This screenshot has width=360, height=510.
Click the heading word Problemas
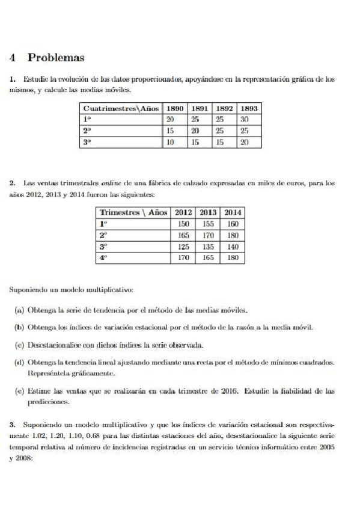56,58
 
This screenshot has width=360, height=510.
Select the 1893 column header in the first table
248,108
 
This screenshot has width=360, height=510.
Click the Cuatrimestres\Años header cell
121,108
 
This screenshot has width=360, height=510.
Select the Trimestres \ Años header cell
133,212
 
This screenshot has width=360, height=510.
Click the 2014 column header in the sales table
233,212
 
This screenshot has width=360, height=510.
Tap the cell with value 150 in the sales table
185,224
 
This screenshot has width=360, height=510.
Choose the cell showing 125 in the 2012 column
185,247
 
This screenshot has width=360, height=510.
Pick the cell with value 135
209,247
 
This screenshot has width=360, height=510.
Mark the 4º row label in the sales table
103,258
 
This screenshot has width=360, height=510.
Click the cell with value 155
209,224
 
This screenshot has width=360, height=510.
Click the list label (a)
19,310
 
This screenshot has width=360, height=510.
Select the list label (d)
19,363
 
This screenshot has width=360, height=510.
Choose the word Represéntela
50,373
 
